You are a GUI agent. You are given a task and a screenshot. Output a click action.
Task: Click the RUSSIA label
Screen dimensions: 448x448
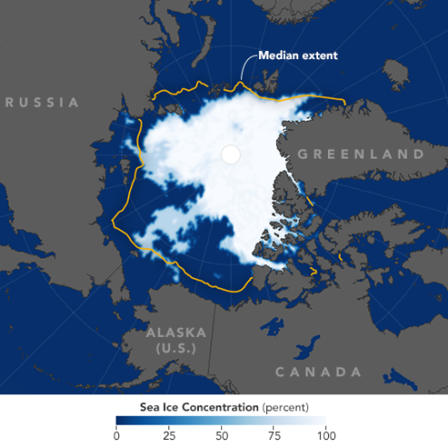tap(41, 102)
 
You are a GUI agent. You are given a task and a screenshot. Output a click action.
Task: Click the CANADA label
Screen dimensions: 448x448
tap(317, 371)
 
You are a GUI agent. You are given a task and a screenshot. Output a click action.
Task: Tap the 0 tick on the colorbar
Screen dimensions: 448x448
tap(116, 435)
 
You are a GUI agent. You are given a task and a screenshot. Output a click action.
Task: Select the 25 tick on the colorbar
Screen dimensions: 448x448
tap(168, 435)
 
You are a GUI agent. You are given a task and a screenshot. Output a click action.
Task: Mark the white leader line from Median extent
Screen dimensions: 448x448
tap(246, 70)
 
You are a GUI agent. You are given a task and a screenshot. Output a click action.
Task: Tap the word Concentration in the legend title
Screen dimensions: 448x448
tap(212, 406)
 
